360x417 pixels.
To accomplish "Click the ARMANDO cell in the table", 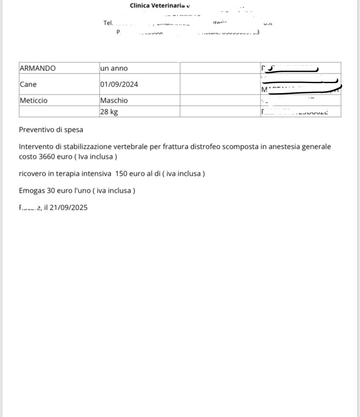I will (x=38, y=68).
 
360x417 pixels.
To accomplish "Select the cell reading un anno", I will (x=114, y=68).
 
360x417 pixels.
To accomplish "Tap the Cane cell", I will (x=28, y=84).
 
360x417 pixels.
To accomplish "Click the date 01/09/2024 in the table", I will (x=119, y=84).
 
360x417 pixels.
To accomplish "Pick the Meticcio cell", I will (x=33, y=101).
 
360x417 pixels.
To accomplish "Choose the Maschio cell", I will (x=114, y=101).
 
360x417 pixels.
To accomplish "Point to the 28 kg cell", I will (x=109, y=112).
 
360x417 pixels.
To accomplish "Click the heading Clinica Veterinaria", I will (x=158, y=6).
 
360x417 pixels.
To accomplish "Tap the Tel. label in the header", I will (x=108, y=23).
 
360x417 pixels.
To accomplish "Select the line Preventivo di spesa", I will (x=51, y=130).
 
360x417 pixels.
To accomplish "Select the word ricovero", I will (x=33, y=174).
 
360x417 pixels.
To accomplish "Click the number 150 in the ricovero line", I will (x=121, y=174).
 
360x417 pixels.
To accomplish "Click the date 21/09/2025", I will (x=68, y=208).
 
